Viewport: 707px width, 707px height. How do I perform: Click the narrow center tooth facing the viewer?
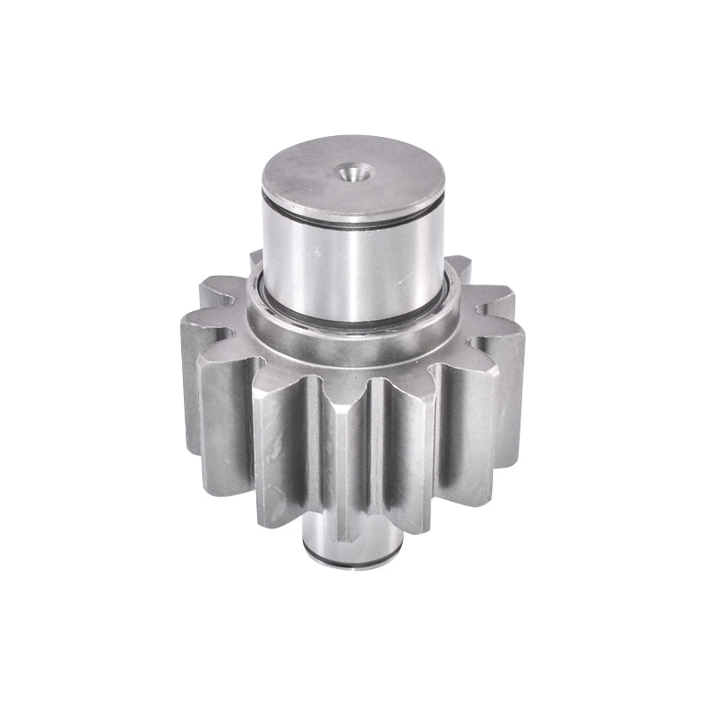[x=349, y=460]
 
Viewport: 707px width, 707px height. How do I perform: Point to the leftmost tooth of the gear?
[x=190, y=389]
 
